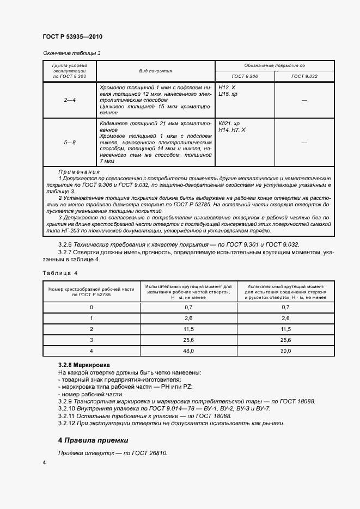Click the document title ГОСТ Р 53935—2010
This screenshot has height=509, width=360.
[72, 37]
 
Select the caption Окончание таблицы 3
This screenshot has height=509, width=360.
[72, 53]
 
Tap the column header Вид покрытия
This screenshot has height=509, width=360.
[156, 71]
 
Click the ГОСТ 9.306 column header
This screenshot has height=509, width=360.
[245, 77]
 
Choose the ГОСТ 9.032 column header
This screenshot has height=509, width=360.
[304, 77]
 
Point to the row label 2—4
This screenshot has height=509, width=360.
[70, 100]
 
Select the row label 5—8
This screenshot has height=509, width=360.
[70, 143]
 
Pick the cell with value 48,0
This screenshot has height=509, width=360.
[189, 351]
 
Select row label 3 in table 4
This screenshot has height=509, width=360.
[91, 340]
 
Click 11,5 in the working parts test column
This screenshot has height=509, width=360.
[189, 329]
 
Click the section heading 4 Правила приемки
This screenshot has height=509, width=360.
[93, 440]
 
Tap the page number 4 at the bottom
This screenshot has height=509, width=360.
[45, 463]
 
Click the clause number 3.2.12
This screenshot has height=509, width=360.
[69, 424]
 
